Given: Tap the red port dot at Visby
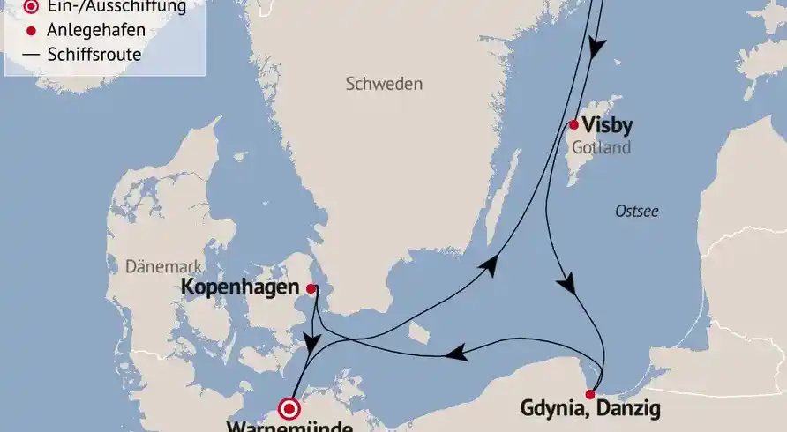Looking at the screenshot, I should click(x=573, y=124).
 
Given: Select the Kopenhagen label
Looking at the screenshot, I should click(x=240, y=287).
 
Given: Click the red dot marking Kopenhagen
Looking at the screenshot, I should click(x=311, y=288).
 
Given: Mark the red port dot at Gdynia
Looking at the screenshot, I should click(x=590, y=394).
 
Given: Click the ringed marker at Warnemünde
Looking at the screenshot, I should click(x=289, y=409).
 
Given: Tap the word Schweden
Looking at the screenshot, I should click(x=384, y=85).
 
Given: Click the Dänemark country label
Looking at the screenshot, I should click(x=165, y=266).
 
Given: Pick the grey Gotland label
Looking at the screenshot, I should click(x=601, y=148).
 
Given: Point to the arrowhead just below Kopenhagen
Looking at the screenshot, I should click(x=311, y=340).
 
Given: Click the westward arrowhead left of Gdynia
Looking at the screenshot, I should click(x=454, y=354).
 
